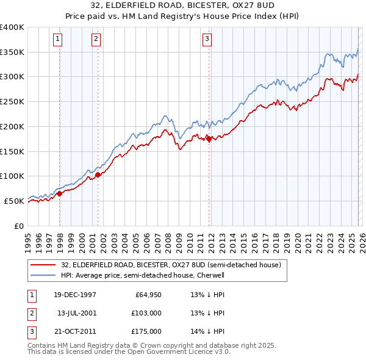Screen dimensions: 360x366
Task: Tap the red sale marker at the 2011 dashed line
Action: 209,139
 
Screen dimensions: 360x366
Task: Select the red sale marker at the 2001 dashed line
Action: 98,175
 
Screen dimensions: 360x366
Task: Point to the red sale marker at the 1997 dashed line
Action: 60,194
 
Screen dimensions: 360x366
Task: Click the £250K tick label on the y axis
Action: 12,101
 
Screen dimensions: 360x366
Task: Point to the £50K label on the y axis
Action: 14,201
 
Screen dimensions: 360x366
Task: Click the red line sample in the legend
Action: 43,265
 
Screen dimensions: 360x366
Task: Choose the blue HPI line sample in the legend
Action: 43,276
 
